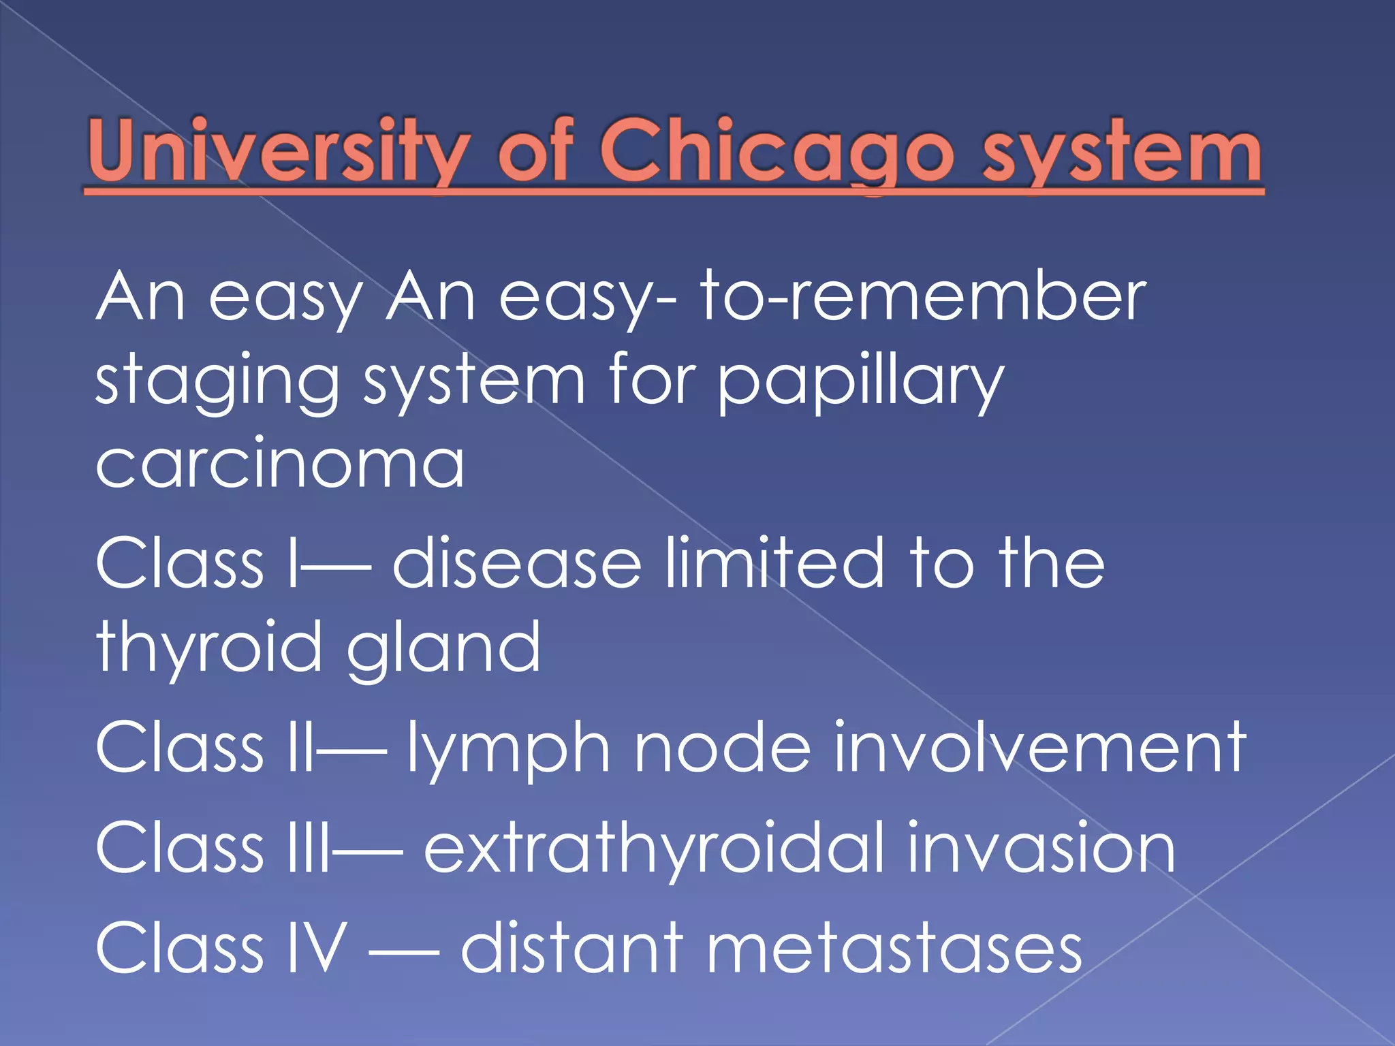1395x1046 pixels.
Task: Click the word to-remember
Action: pyautogui.click(x=923, y=296)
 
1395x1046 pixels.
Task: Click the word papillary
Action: pyautogui.click(x=861, y=382)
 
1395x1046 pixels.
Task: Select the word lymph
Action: pyautogui.click(x=508, y=749)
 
